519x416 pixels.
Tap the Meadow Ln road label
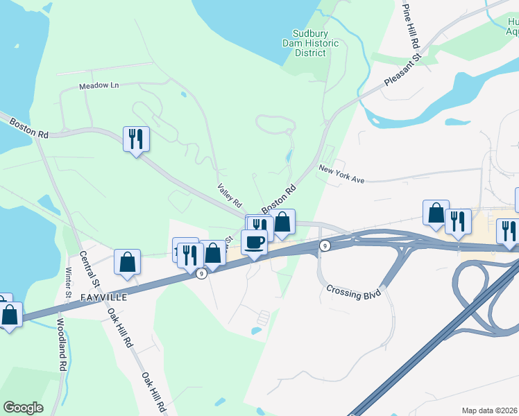99,85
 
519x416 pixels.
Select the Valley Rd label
230,196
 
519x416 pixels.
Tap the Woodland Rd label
61,345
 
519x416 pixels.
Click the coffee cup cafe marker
254,243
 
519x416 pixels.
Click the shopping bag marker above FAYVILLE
127,262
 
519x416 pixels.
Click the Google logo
23,408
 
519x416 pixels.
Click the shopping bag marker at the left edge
10,315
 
